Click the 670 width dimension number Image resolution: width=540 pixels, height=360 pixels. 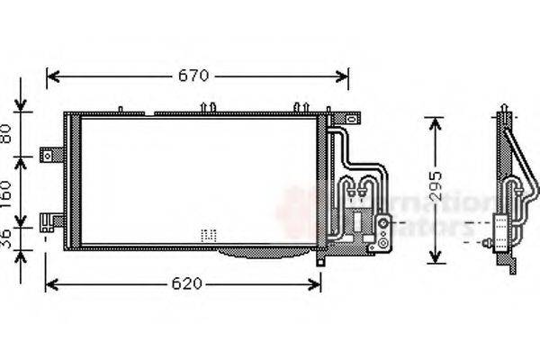[x=192, y=76]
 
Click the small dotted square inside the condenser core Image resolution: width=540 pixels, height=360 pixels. [x=209, y=234]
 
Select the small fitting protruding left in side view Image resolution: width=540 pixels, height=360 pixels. [x=487, y=242]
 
